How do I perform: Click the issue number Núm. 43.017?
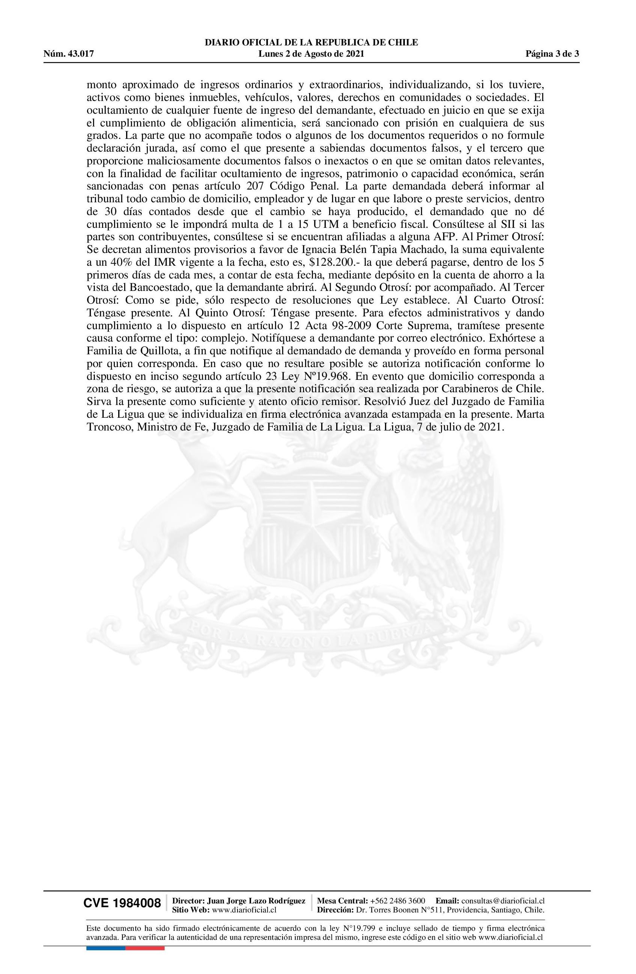[69, 54]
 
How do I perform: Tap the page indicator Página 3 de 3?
[552, 54]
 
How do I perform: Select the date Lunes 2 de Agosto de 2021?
[311, 54]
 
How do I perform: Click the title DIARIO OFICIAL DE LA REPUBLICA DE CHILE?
[311, 42]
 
